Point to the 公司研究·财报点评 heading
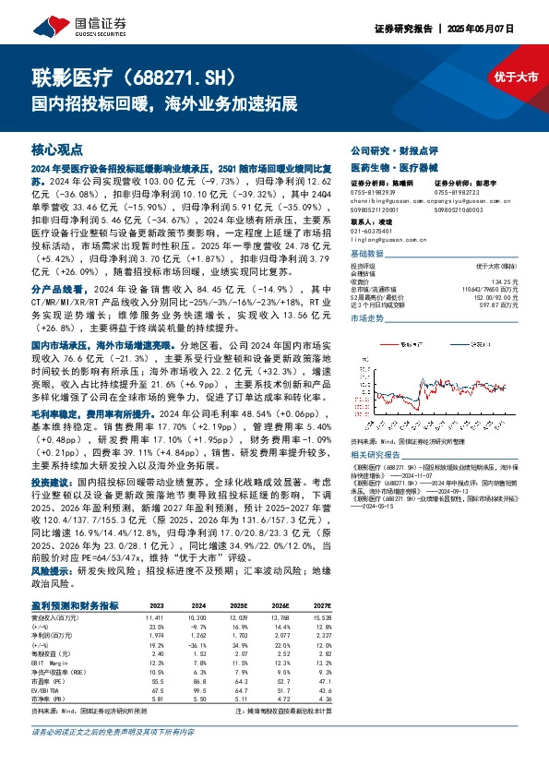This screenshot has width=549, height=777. pyautogui.click(x=388, y=149)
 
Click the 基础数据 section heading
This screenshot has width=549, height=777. pyautogui.click(x=367, y=254)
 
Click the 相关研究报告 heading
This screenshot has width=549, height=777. pyautogui.click(x=379, y=456)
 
